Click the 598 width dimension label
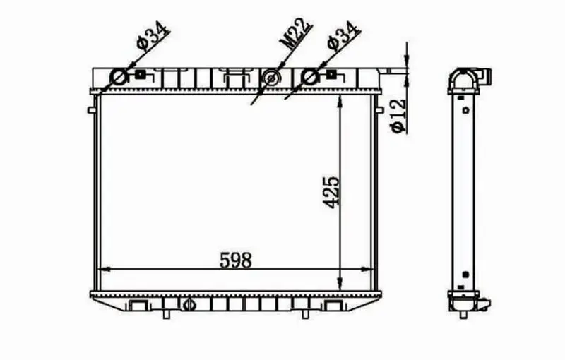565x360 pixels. tap(236, 260)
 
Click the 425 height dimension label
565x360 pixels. tap(331, 192)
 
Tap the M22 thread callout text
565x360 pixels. tap(296, 32)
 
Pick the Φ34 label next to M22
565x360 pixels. tap(343, 35)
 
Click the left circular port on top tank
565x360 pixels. tap(119, 77)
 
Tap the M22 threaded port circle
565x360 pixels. tap(271, 77)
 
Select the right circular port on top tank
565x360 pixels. tap(310, 77)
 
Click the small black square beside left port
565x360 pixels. tap(140, 75)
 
